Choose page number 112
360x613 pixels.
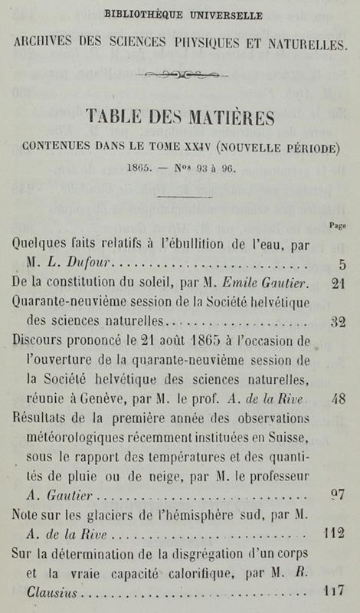click(333, 533)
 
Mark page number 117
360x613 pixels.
click(333, 589)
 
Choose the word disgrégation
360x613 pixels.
click(217, 552)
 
